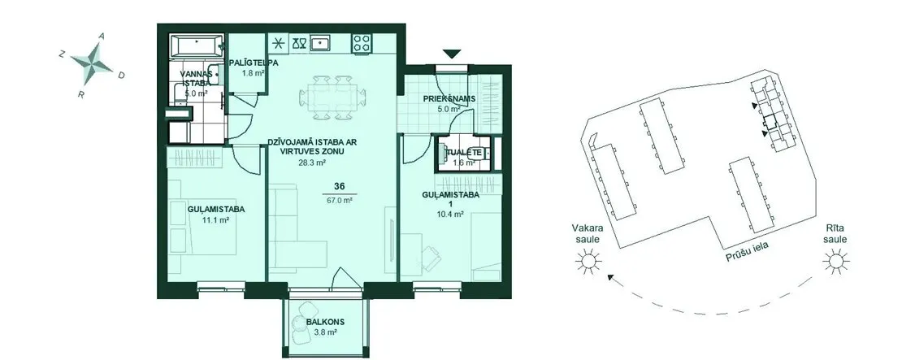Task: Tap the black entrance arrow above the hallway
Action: tap(452, 54)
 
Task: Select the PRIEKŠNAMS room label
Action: tap(449, 98)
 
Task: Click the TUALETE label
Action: tap(465, 153)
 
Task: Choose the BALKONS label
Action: tap(322, 323)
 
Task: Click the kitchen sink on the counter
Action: tap(320, 43)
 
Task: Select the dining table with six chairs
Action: tap(332, 97)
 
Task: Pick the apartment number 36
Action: tap(340, 186)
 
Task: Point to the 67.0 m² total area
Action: tap(340, 200)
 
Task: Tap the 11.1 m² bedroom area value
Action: tap(215, 219)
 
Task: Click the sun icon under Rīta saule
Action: tap(835, 262)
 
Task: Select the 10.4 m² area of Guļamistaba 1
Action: tap(451, 215)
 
